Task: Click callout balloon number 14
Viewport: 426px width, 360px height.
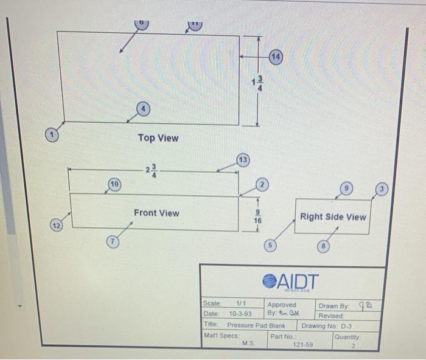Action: (276, 56)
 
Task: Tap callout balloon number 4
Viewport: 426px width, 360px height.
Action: (143, 109)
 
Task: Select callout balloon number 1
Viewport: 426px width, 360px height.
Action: (54, 133)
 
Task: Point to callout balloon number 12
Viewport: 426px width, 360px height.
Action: (56, 226)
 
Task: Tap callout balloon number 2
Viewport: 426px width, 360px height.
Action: (262, 184)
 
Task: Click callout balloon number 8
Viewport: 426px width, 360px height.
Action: (325, 246)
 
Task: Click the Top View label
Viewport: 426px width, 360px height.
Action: (158, 138)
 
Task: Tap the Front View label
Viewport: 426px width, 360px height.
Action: (156, 213)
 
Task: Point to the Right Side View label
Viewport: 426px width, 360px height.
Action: (333, 216)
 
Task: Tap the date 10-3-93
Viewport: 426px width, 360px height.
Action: (241, 314)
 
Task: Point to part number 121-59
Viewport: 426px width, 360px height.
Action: (302, 345)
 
